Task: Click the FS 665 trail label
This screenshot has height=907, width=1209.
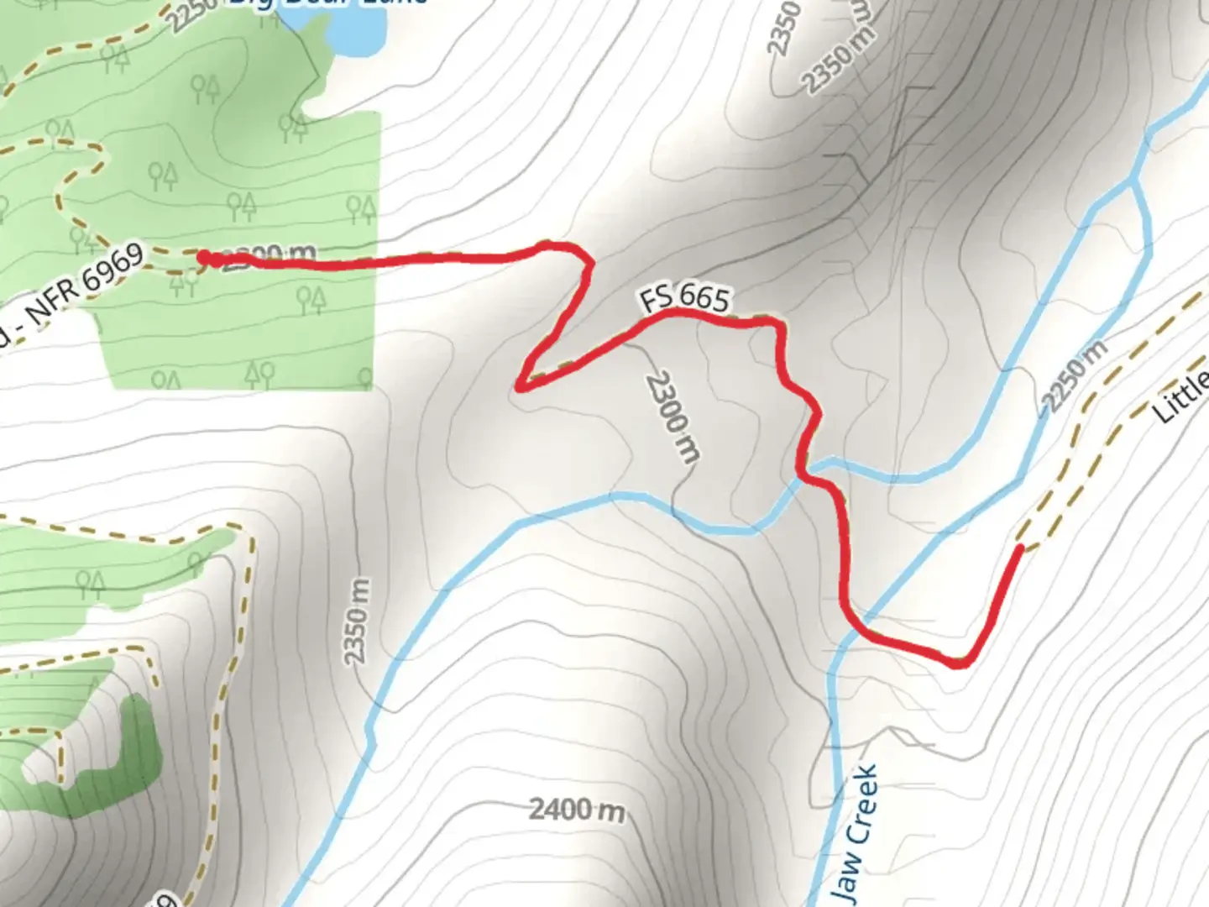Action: [684, 297]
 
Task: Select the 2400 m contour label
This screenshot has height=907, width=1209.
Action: [577, 810]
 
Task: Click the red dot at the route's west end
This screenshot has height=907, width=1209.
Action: [204, 257]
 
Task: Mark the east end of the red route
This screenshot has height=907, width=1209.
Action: [1020, 548]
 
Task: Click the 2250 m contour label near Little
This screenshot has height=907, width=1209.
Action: [1074, 374]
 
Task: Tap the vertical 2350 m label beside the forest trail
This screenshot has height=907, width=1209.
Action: [357, 621]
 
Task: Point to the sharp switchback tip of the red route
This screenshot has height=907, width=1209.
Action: [521, 386]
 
